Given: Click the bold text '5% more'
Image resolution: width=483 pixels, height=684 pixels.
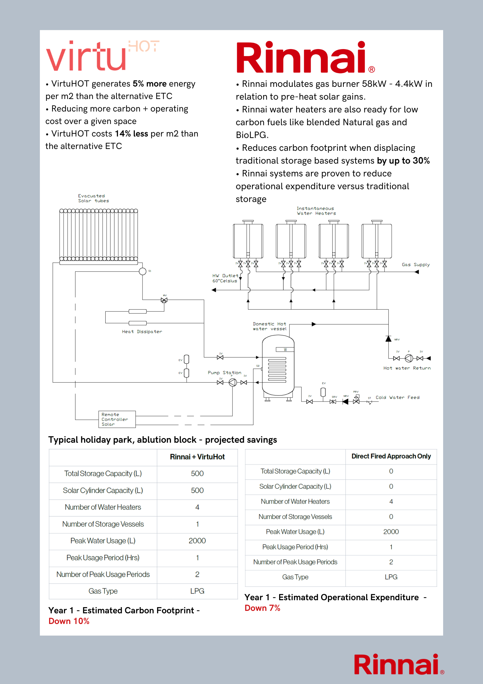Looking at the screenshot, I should (149, 84).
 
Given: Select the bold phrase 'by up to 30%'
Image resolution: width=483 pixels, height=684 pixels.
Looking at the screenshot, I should (403, 161).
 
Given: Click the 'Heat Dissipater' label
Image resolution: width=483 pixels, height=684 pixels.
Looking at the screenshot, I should (142, 332).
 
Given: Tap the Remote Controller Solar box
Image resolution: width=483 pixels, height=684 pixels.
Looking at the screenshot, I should (117, 419).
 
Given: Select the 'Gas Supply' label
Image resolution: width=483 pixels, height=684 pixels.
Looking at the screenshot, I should (415, 265).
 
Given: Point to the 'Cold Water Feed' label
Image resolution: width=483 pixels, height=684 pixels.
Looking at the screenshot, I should (397, 398).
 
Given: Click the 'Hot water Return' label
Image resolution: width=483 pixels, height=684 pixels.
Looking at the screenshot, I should (407, 368).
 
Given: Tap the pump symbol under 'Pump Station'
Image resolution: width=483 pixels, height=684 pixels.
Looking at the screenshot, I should (233, 382).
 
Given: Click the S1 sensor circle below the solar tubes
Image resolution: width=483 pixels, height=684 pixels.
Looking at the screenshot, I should (142, 271).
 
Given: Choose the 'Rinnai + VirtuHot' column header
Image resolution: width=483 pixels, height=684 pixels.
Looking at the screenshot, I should (197, 457).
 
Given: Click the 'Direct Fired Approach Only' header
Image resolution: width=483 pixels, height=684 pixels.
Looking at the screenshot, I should (391, 456).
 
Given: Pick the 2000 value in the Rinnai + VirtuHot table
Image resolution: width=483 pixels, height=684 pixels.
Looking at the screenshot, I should (197, 541).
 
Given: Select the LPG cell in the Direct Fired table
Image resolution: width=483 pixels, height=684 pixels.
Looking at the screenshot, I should (391, 577).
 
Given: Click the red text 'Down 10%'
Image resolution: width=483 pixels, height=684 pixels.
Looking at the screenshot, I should (69, 621).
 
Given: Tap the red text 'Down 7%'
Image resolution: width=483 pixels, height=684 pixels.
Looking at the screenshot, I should (262, 608).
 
